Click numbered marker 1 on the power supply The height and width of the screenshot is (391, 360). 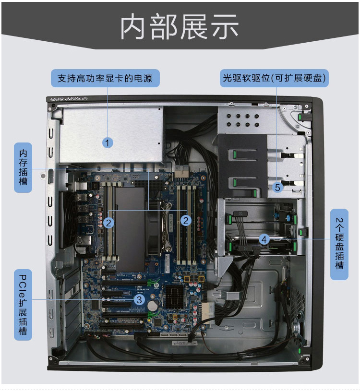pyautogui.click(x=108, y=142)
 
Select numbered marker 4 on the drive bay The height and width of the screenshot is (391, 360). pyautogui.click(x=264, y=238)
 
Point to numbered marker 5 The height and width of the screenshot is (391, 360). pyautogui.click(x=277, y=187)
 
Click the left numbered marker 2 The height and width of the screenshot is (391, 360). pyautogui.click(x=109, y=222)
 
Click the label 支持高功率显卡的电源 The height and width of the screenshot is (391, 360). pyautogui.click(x=105, y=78)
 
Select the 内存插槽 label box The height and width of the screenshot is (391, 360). pyautogui.click(x=23, y=167)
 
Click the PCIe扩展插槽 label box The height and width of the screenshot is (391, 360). pyautogui.click(x=23, y=305)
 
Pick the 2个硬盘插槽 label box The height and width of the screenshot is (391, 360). pyautogui.click(x=339, y=245)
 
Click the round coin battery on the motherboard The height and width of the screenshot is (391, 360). pyautogui.click(x=153, y=305)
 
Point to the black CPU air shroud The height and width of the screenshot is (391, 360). pyautogui.click(x=130, y=225)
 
